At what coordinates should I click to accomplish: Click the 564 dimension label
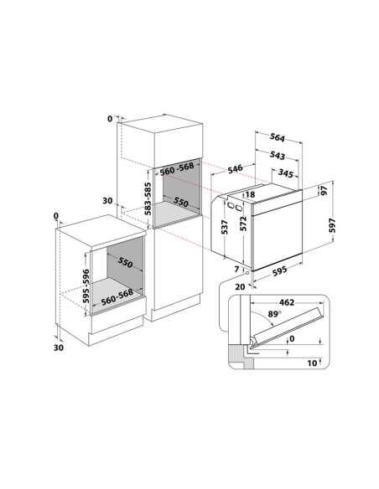coord(278,137)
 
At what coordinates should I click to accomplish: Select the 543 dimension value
coord(278,155)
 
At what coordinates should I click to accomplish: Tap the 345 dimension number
coord(285,172)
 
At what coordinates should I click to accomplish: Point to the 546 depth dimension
coord(235,168)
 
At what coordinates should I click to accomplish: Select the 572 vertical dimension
coord(243,224)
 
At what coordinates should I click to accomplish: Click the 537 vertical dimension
coord(225,228)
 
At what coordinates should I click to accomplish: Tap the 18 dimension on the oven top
coord(250,194)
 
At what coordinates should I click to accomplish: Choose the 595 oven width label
coord(279,270)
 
